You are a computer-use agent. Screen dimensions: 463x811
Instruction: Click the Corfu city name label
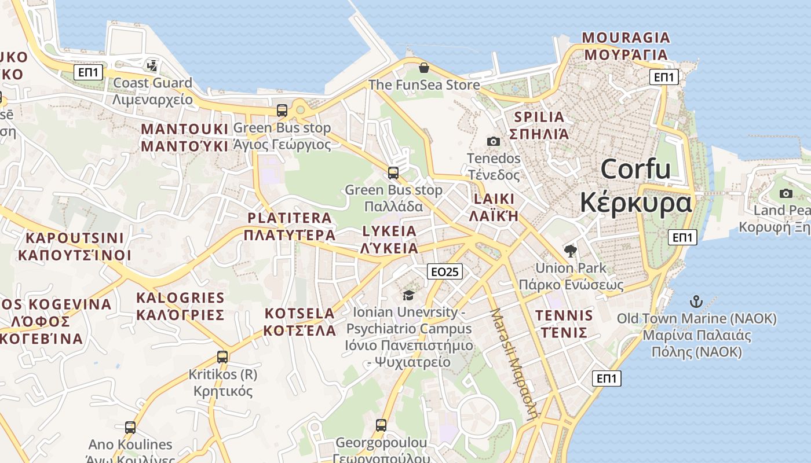coord(635,186)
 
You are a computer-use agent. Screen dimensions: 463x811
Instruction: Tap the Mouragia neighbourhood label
coord(626,46)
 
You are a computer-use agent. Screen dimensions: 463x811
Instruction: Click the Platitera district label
coord(290,226)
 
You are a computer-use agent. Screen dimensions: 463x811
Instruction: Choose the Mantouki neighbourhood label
coord(185,137)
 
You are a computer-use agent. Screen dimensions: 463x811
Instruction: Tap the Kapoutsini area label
coord(75,247)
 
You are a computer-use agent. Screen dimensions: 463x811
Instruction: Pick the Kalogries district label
coord(180,306)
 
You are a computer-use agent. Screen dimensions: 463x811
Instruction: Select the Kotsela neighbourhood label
coord(299,322)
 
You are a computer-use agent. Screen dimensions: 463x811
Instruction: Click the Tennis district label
coord(564,324)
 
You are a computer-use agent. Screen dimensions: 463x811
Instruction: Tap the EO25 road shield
coord(445,271)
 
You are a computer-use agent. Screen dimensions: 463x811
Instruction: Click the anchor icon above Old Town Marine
coord(696,302)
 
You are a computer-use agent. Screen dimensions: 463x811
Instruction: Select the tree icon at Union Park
coord(571,251)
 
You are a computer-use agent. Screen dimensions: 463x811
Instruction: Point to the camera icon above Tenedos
coord(494,141)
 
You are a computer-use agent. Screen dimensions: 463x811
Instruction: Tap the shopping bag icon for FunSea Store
coord(424,68)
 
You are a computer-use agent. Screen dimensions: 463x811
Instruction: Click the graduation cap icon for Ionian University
coord(408,296)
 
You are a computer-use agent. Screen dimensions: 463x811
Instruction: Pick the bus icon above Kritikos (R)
coord(222,357)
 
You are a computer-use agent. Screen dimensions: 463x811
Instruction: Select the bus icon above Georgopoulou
coord(381,425)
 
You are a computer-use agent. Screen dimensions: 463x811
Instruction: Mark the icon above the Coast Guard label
coord(152,66)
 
